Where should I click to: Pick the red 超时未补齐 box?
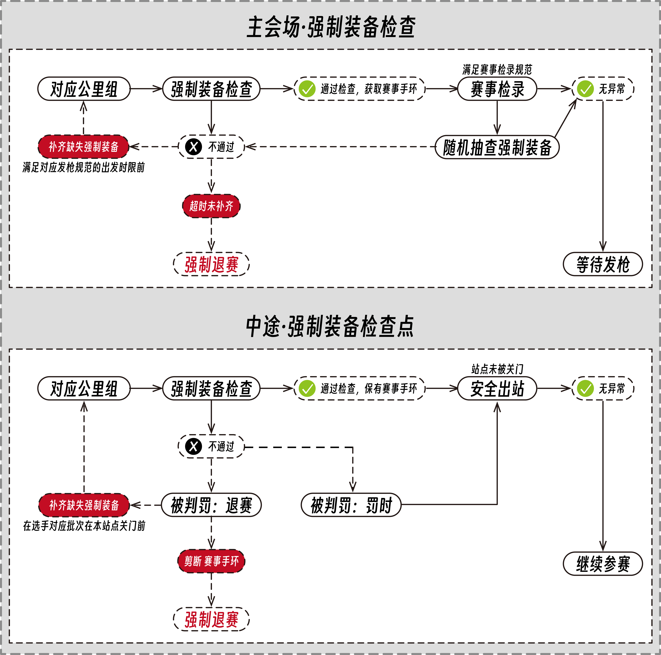tap(211, 206)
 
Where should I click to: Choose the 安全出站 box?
tap(497, 388)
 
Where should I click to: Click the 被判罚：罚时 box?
tap(351, 505)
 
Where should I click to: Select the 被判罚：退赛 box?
tap(211, 505)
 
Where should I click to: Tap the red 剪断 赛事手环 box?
tap(211, 561)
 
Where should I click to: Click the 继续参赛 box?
tap(603, 564)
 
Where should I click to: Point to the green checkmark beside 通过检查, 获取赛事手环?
tap(307, 89)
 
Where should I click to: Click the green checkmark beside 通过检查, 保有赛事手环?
tap(307, 388)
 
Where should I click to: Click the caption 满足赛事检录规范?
tap(497, 69)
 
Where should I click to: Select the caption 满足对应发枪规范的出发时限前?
tap(83, 167)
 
